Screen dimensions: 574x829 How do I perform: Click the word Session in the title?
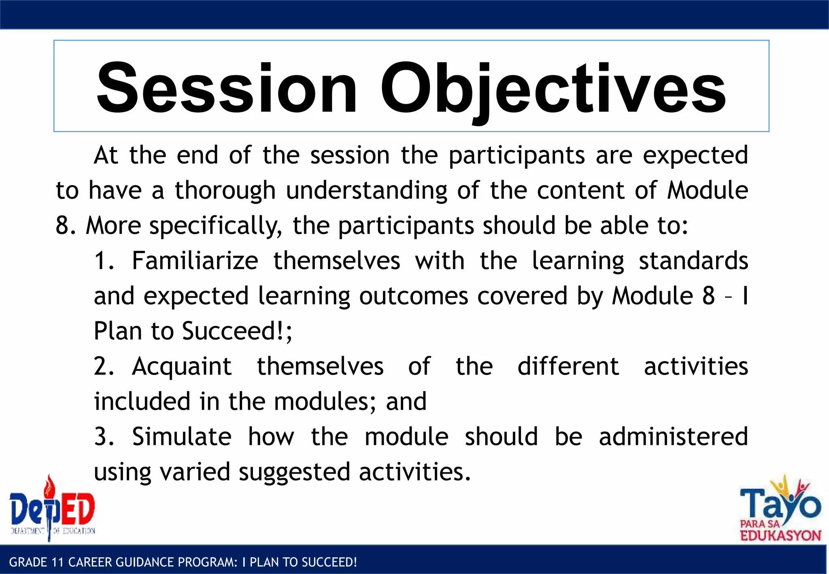tap(227, 88)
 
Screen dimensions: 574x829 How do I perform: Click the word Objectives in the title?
tap(553, 88)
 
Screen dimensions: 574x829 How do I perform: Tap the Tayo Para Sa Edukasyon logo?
tap(780, 511)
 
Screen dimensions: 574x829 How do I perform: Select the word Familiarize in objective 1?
tap(195, 261)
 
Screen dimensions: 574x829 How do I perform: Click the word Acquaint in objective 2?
tap(182, 367)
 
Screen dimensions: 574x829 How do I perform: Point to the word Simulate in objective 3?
tap(182, 437)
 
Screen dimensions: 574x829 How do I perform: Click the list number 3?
tap(104, 437)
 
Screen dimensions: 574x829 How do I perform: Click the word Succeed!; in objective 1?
tap(237, 331)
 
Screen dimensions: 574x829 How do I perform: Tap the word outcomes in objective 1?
tap(413, 296)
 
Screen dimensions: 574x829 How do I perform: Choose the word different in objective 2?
tap(568, 367)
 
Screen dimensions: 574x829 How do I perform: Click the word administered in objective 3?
tap(673, 437)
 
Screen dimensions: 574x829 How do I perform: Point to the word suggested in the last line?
tap(294, 472)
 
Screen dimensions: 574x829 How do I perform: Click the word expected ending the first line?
tap(695, 155)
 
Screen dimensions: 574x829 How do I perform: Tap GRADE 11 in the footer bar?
tap(37, 562)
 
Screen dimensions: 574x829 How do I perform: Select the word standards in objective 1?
tap(693, 261)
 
